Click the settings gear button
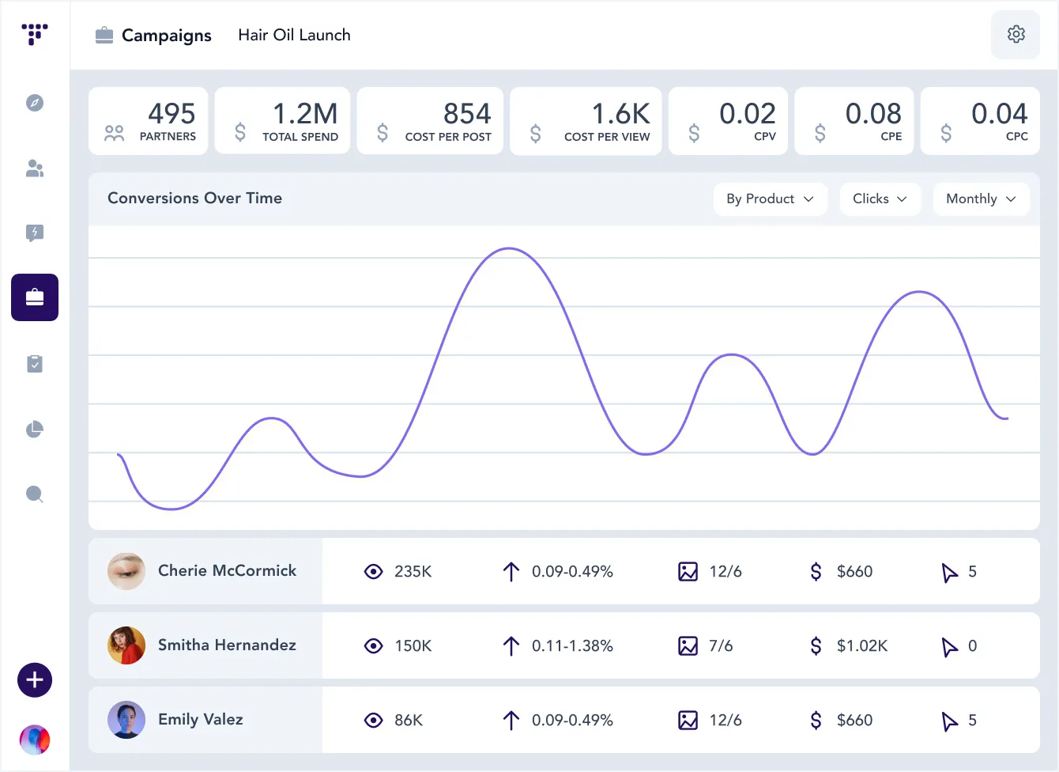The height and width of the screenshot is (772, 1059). click(1016, 35)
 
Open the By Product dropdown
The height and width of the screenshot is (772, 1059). click(770, 199)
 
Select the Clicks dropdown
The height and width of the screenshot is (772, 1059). click(879, 199)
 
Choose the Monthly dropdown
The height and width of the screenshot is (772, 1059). click(980, 199)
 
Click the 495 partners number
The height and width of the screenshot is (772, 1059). click(171, 114)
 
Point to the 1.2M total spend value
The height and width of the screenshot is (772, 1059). click(305, 114)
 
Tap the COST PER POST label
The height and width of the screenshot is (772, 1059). click(448, 137)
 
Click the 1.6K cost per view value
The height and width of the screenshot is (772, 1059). click(620, 114)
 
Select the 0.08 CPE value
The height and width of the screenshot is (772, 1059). click(872, 114)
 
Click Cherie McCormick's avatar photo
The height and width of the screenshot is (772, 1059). click(126, 571)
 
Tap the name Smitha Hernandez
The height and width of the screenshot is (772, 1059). click(227, 645)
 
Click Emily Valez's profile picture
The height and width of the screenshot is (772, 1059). click(126, 720)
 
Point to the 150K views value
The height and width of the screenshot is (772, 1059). click(413, 645)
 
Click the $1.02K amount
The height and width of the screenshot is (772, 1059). click(861, 645)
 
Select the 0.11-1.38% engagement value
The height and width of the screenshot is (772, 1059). click(572, 645)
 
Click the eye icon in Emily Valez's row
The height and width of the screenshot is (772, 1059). click(373, 720)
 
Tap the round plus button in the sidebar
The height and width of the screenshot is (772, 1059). click(35, 680)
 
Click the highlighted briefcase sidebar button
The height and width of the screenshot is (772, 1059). click(35, 297)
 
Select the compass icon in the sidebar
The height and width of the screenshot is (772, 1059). click(35, 103)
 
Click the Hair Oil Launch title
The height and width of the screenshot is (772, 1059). click(294, 35)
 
